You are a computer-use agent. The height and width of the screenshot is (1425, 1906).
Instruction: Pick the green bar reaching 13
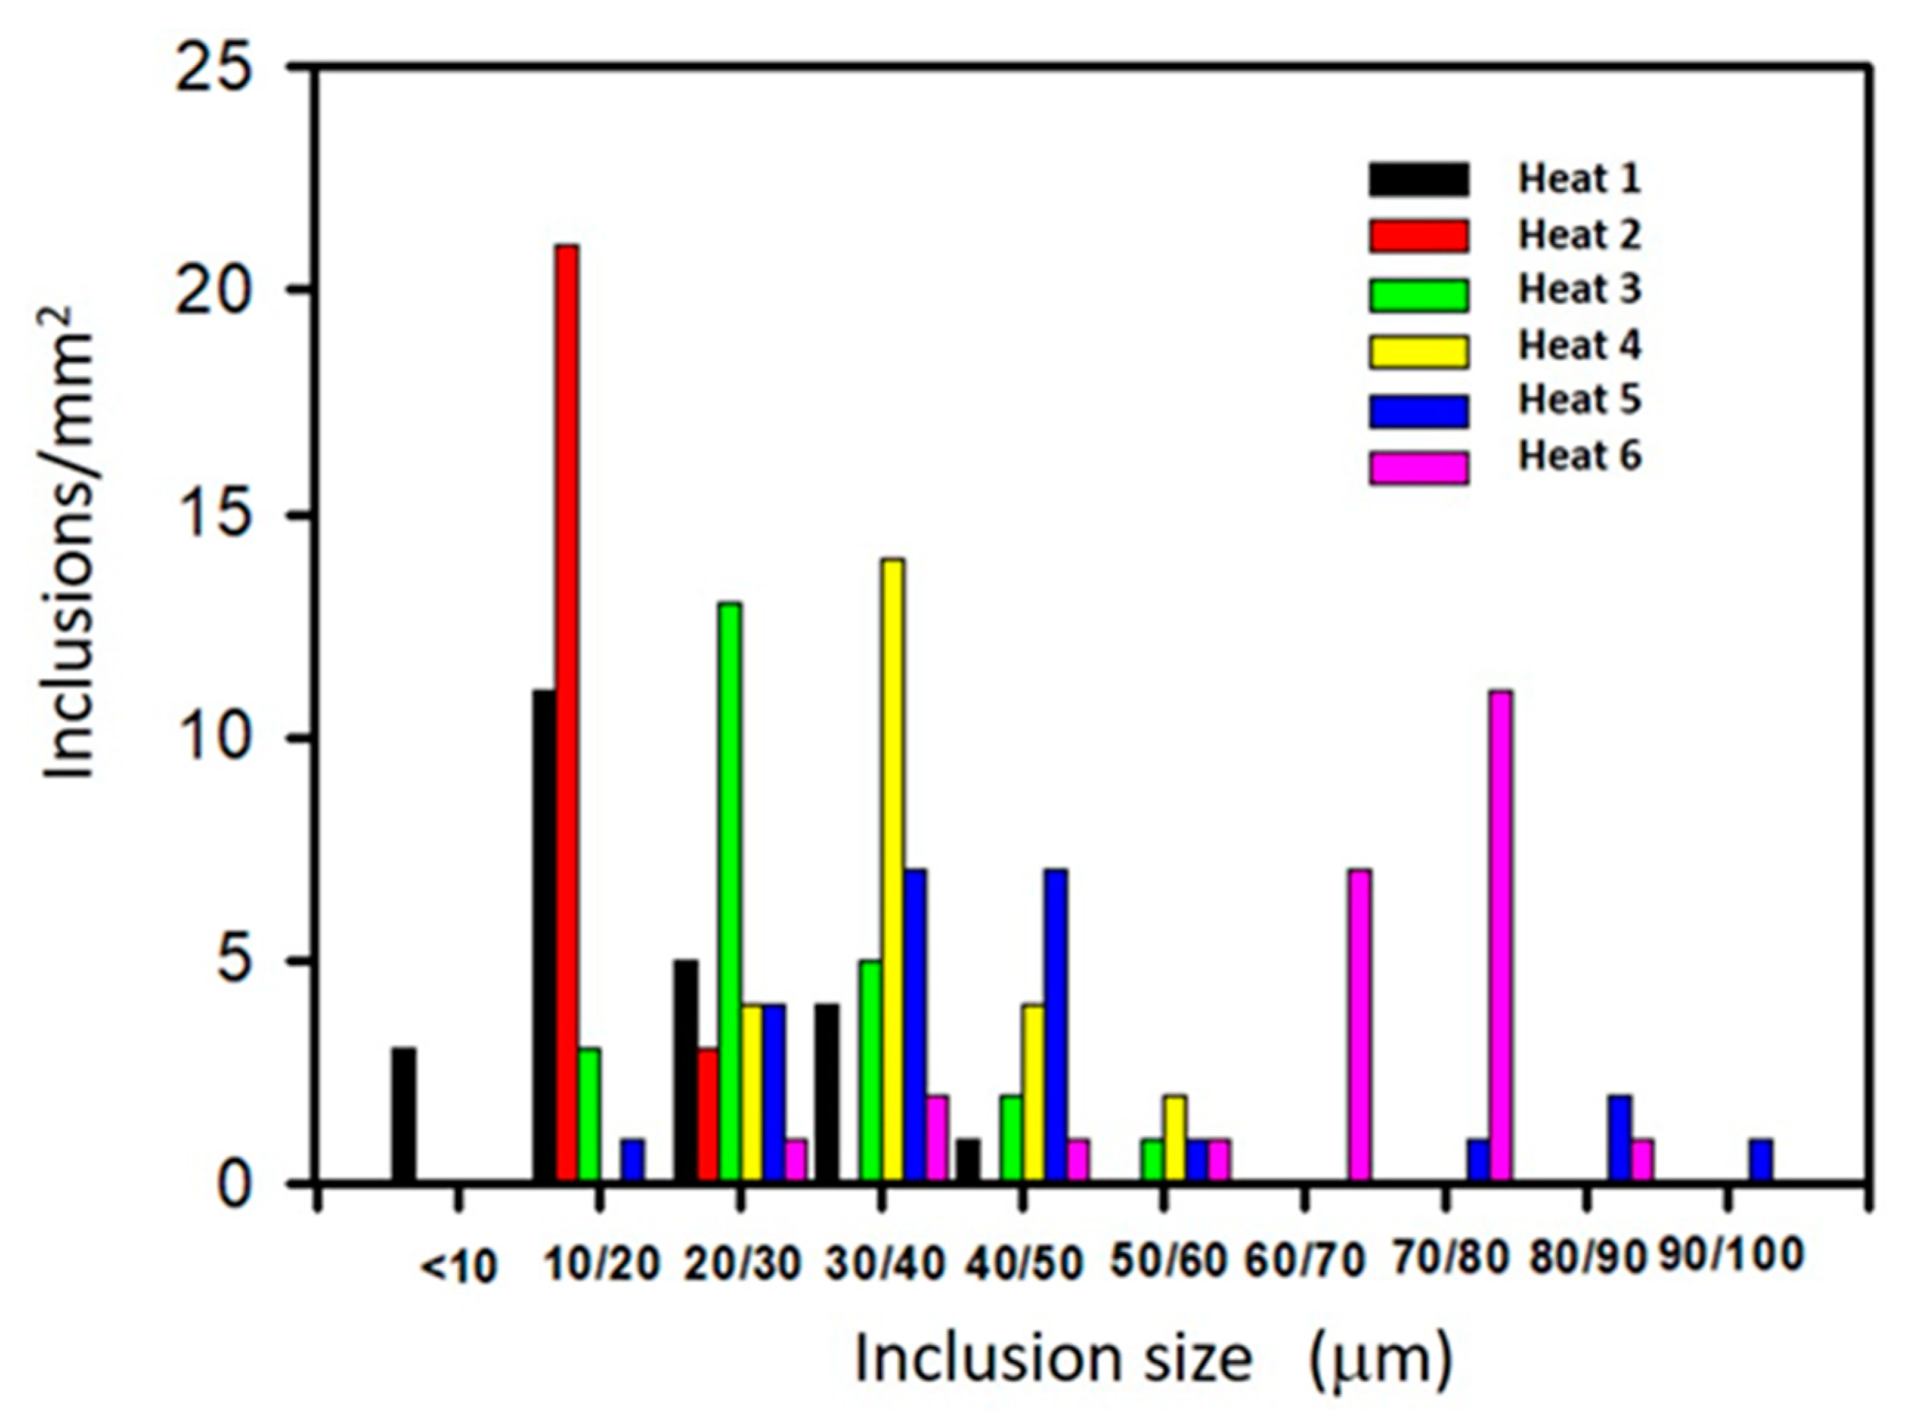730,892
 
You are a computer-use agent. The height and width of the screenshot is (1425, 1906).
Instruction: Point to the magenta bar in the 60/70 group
1360,1026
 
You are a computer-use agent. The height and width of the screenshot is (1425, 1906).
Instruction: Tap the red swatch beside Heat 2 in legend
1419,236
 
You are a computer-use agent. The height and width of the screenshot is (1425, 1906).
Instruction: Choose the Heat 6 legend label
1580,455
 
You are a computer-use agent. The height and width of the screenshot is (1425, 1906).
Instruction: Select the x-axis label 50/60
1168,1262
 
